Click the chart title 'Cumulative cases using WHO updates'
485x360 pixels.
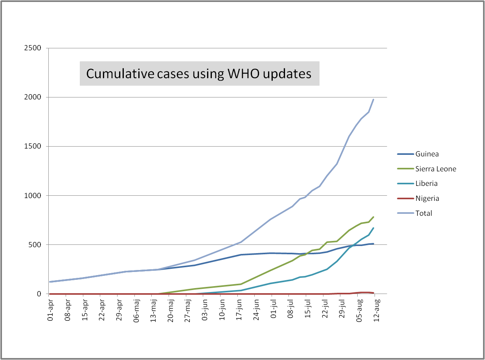[199, 73]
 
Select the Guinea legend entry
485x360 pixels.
[427, 154]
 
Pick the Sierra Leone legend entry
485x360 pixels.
[435, 169]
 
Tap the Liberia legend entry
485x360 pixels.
[426, 184]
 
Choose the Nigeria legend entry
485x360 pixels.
[427, 198]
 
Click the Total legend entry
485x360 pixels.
[424, 213]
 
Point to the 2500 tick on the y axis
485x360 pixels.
[33, 48]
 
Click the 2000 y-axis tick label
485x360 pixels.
[33, 97]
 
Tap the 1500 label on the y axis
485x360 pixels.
[33, 147]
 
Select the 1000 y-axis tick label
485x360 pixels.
[33, 196]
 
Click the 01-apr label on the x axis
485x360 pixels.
[50, 310]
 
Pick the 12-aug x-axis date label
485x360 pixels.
[377, 310]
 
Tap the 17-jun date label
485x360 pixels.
[240, 310]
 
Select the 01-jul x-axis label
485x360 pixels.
[274, 310]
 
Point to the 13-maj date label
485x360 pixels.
[154, 310]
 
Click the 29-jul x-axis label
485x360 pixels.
[342, 310]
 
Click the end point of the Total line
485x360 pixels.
[373, 99]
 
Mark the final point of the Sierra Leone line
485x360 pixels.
[373, 217]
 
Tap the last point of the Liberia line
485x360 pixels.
[373, 228]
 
